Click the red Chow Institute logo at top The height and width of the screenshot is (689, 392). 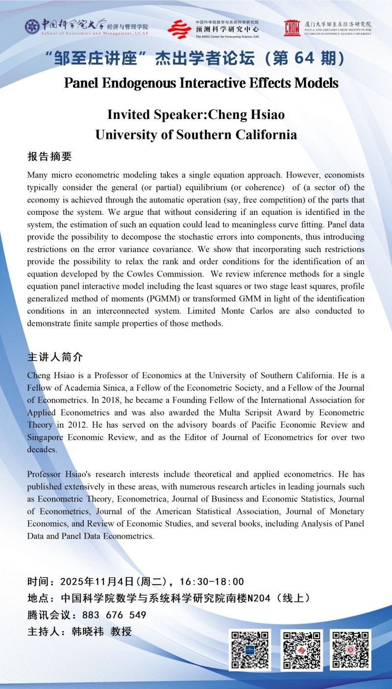tap(292, 28)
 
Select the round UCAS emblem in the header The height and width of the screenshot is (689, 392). tap(32, 26)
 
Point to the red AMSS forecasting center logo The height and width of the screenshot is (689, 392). tap(179, 29)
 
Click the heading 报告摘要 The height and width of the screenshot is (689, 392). tap(49, 157)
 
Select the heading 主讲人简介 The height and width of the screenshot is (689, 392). tap(55, 357)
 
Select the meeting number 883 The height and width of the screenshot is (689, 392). tap(92, 615)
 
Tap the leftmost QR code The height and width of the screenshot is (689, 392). tap(249, 650)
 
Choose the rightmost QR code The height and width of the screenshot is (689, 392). tap(350, 650)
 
